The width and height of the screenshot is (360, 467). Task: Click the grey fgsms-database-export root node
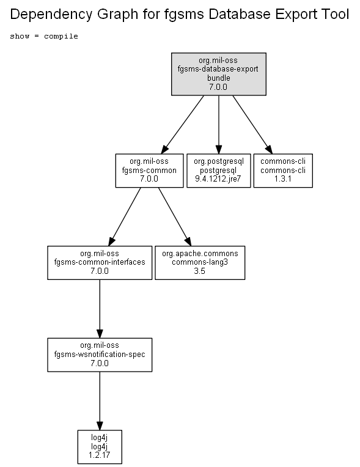tap(219, 74)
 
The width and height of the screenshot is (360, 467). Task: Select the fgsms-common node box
tap(149, 171)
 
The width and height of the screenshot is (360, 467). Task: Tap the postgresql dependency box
tap(219, 171)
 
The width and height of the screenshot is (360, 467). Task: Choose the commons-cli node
tap(283, 171)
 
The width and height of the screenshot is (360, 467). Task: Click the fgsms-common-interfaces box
tap(100, 263)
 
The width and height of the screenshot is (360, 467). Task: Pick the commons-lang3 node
tap(200, 263)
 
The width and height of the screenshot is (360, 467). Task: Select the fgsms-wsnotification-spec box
tap(100, 355)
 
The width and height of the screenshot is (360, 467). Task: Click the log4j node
tap(100, 447)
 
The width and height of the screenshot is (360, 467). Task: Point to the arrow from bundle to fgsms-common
tap(183, 125)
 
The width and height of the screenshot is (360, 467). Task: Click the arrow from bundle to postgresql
tap(219, 125)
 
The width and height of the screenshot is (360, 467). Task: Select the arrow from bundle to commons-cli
tap(252, 125)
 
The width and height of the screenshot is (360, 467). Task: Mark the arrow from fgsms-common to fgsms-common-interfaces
tap(125, 217)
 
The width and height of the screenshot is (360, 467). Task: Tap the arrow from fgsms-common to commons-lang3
tap(175, 217)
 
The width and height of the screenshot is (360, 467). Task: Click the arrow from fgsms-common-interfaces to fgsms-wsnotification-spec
tap(100, 309)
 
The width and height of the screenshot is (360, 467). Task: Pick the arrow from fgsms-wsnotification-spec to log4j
tap(100, 401)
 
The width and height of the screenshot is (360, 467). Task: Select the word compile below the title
tap(61, 36)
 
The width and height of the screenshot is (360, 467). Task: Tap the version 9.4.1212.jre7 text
tap(218, 178)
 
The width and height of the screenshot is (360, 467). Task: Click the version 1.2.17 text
tap(99, 455)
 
